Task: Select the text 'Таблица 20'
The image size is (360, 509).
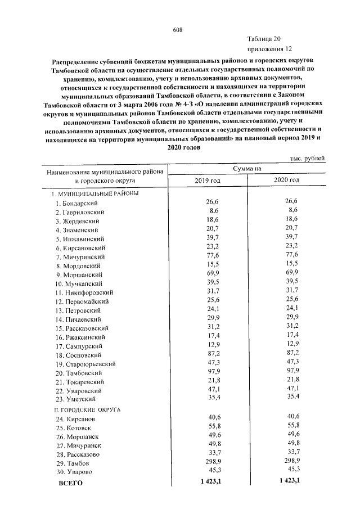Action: (263, 39)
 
